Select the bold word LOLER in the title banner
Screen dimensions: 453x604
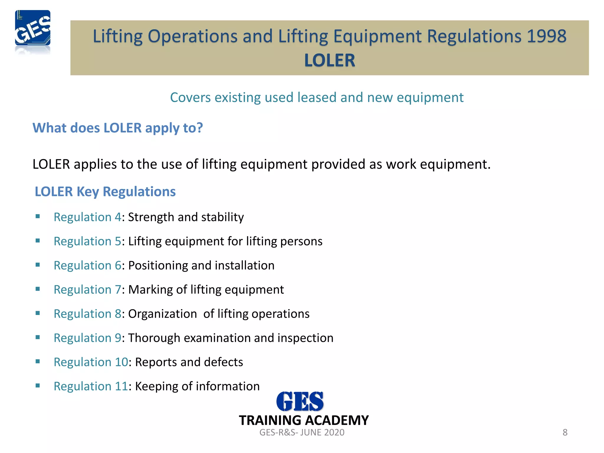[329, 60]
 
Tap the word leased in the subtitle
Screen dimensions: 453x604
[317, 98]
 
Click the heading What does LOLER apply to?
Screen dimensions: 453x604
[118, 128]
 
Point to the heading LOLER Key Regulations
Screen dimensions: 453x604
[105, 192]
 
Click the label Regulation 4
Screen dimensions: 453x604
[87, 217]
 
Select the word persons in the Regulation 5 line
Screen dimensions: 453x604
[301, 242]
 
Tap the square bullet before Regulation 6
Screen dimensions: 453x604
[37, 265]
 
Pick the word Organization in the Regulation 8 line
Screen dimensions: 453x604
[163, 314]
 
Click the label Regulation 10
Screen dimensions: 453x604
[91, 362]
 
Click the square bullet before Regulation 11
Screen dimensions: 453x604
[37, 386]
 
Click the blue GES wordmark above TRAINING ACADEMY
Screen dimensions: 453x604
[300, 401]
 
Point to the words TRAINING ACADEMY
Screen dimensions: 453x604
[304, 420]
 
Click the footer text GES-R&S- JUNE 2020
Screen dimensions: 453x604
[302, 432]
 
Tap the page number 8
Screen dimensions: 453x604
[565, 432]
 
